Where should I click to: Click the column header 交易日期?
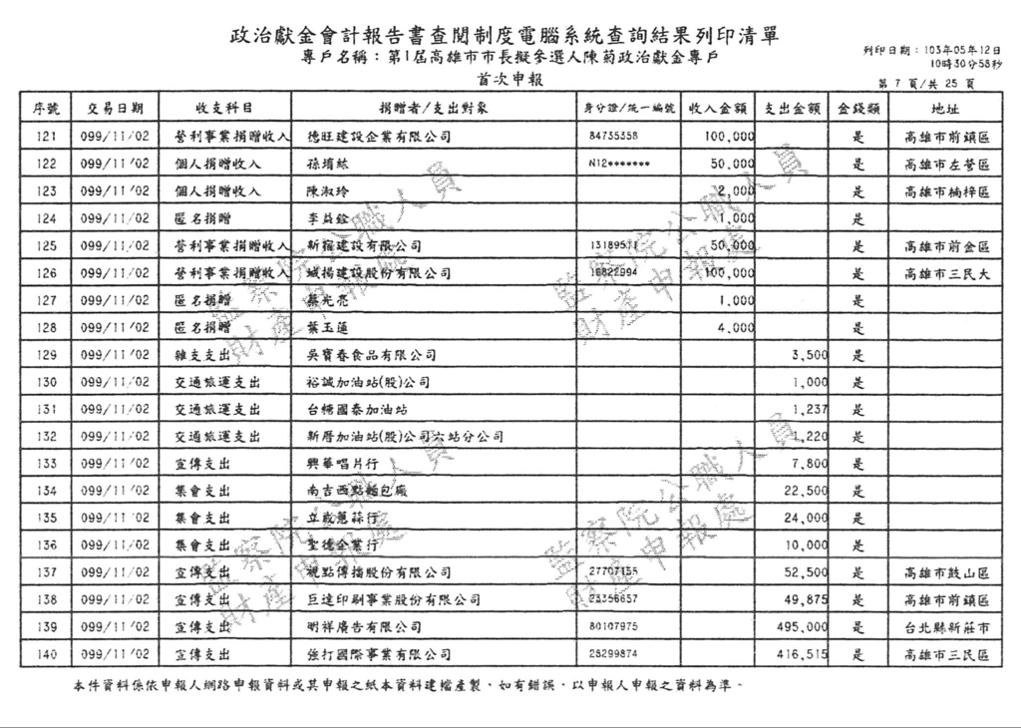point(115,108)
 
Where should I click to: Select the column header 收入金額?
point(718,108)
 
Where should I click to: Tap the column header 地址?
point(945,108)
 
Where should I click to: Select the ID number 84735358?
point(614,136)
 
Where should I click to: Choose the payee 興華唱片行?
point(341,464)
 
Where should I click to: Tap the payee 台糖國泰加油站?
point(356,409)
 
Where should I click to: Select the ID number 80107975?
point(614,627)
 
